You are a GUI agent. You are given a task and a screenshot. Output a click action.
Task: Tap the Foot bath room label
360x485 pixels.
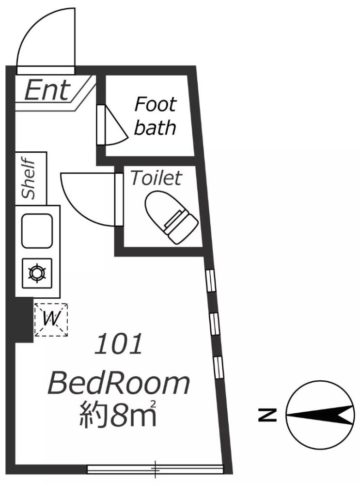click(155, 116)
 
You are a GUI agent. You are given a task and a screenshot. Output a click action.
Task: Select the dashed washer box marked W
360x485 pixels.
click(51, 319)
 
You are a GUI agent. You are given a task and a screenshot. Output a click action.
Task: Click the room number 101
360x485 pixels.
click(119, 344)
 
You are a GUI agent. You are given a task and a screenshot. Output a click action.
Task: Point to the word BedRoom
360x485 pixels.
click(118, 384)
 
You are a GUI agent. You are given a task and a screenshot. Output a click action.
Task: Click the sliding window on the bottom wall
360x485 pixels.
click(155, 469)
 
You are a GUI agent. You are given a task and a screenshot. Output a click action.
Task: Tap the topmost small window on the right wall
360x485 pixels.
click(211, 281)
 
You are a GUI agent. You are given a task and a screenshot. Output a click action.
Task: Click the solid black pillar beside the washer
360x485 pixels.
click(23, 320)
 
